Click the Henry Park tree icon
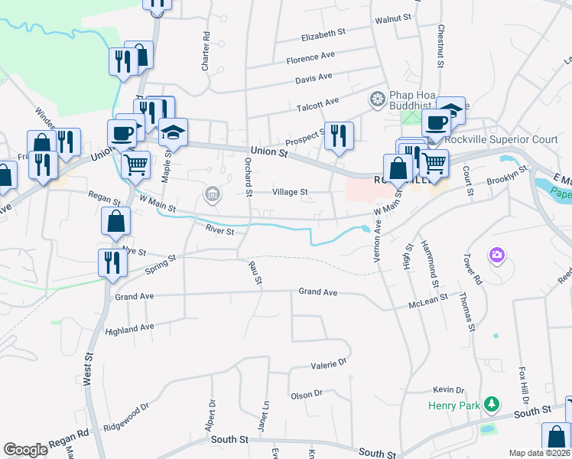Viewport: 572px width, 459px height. click(494, 403)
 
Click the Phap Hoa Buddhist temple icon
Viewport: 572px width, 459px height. click(376, 98)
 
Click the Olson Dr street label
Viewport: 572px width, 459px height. click(307, 395)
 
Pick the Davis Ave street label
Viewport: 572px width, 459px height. click(314, 77)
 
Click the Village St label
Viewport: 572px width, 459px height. click(291, 192)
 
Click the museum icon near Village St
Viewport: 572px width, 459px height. click(212, 194)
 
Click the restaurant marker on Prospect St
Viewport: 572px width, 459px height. click(337, 137)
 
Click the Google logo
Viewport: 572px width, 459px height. click(25, 450)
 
